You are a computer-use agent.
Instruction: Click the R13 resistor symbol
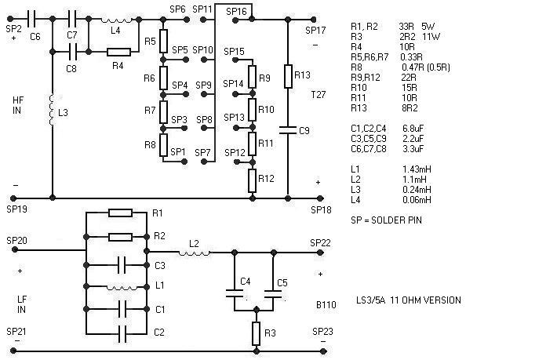[289, 76]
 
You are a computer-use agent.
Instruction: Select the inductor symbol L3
[53, 111]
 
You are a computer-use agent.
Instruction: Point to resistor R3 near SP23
[256, 334]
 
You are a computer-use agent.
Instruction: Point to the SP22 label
[320, 243]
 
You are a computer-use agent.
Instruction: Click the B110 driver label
[326, 304]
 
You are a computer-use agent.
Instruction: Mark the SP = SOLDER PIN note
[386, 220]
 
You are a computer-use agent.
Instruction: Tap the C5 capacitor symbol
[273, 295]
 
